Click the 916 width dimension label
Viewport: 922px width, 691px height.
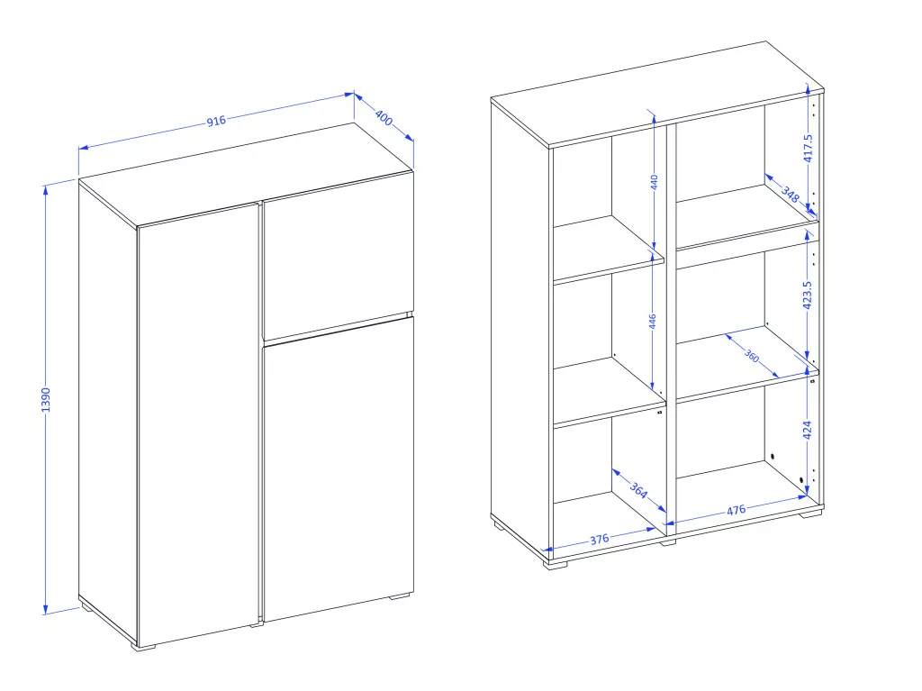(216, 121)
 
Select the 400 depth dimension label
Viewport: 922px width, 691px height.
(384, 118)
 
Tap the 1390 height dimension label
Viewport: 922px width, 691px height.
(46, 400)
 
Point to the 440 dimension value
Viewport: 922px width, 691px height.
(654, 182)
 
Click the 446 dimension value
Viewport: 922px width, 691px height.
(652, 322)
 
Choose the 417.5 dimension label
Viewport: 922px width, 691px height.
(808, 148)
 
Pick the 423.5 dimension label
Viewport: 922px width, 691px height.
(808, 295)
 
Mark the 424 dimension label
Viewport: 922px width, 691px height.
(808, 430)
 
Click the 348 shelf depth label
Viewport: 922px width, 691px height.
(791, 195)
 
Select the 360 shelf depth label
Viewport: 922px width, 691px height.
(752, 356)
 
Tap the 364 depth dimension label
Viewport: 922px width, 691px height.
(638, 490)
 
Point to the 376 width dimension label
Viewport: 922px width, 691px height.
(599, 539)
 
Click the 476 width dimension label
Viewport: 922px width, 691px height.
(737, 510)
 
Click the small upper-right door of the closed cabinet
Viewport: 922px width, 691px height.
(338, 256)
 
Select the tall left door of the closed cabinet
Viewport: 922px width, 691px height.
(199, 423)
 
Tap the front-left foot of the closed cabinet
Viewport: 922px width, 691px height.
(143, 647)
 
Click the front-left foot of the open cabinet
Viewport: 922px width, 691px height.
(555, 566)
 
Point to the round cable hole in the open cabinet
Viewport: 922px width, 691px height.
(772, 457)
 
